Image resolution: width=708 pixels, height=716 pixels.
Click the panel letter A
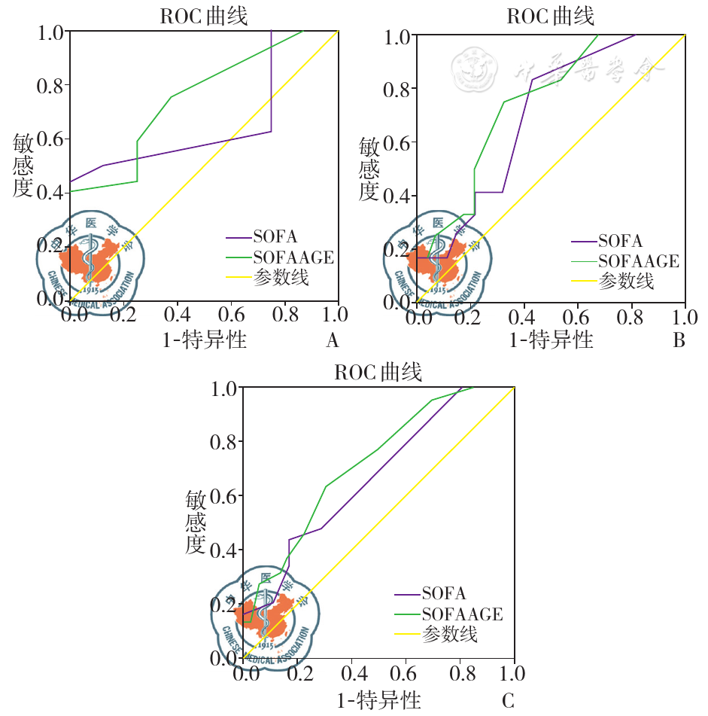(332, 341)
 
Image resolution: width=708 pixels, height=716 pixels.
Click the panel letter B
(679, 341)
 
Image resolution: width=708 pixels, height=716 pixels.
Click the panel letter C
(508, 702)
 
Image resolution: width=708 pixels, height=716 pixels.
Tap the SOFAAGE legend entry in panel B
(638, 261)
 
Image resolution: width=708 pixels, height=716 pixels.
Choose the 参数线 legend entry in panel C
(450, 634)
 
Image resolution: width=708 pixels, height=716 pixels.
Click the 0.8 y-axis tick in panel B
(398, 89)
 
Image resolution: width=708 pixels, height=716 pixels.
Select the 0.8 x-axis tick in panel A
(284, 314)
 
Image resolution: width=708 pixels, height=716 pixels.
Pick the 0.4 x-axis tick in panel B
(524, 315)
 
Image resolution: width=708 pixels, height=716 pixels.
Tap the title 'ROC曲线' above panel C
(378, 372)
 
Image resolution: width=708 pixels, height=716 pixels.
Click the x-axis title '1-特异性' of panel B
(552, 340)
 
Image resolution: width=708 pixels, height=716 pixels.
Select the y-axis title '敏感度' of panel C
(196, 521)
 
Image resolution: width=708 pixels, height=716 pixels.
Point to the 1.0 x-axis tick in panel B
(685, 315)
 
